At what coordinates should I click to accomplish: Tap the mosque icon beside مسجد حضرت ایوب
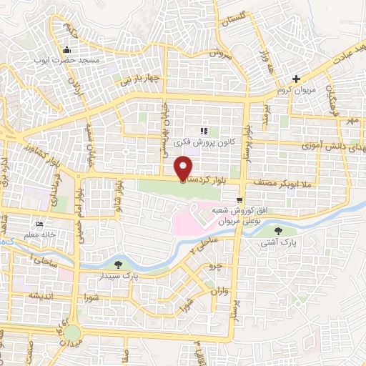click(67, 50)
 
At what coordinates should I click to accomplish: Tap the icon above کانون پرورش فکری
click(204, 131)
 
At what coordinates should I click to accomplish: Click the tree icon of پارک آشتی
click(278, 230)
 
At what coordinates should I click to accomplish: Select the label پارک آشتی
click(278, 242)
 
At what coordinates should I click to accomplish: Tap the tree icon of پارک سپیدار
click(117, 264)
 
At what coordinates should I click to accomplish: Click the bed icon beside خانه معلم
click(39, 223)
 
